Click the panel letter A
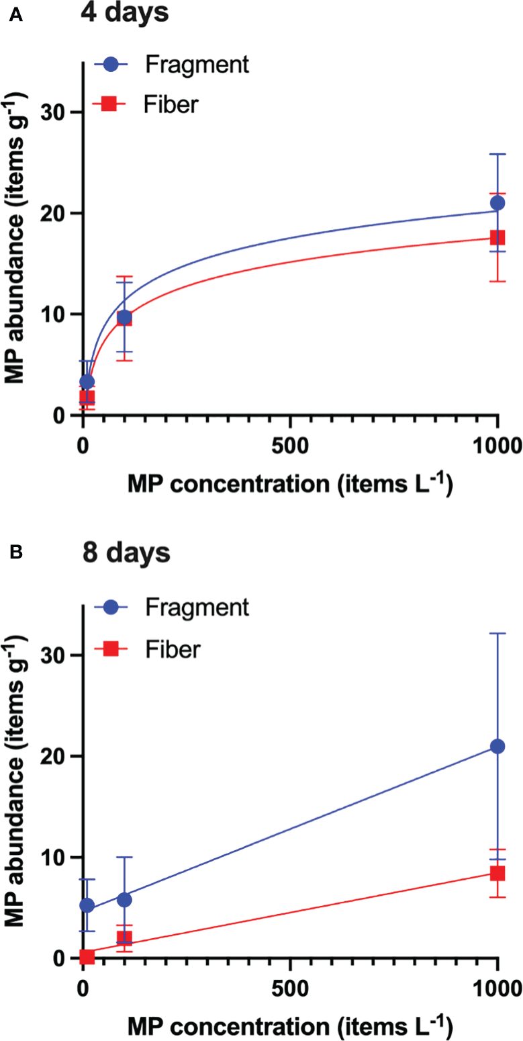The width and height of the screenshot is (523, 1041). [x=15, y=15]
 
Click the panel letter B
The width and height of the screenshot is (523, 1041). [x=15, y=552]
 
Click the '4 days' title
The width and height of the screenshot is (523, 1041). [x=125, y=13]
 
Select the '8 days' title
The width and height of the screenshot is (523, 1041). [x=126, y=556]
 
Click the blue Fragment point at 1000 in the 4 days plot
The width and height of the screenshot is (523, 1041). [x=497, y=203]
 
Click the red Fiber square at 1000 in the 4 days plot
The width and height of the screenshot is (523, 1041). [x=497, y=237]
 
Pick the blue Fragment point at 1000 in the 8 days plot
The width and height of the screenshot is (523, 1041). [x=497, y=746]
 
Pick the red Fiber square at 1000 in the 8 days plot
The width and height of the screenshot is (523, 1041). [x=497, y=873]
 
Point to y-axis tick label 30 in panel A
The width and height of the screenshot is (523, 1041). [x=57, y=112]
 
